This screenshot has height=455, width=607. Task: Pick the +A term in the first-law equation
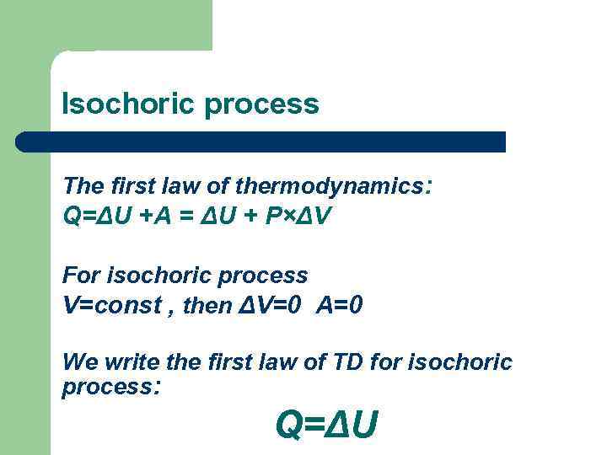tap(155, 217)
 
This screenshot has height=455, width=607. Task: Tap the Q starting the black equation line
tap(72, 217)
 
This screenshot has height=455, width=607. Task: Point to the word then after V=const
tap(205, 306)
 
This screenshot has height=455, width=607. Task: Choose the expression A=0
tap(340, 305)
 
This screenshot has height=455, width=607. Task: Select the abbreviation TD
tap(357, 362)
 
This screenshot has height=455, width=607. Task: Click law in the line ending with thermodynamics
tap(191, 185)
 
